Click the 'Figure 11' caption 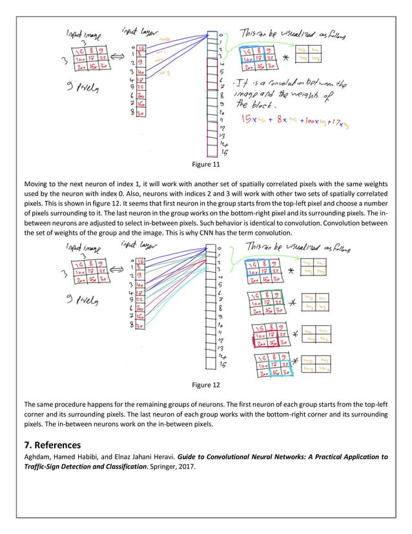click(x=206, y=166)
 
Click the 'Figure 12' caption click(x=206, y=385)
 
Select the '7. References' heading click(x=48, y=445)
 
